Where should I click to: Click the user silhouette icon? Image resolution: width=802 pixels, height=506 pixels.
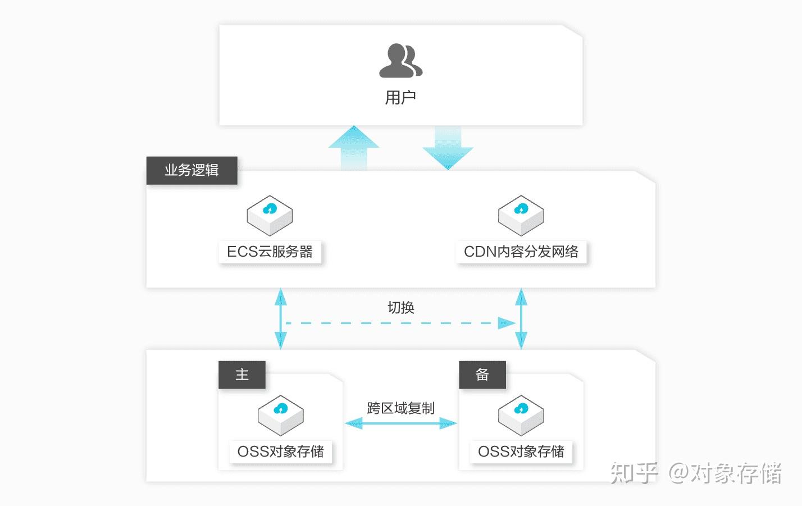pyautogui.click(x=400, y=61)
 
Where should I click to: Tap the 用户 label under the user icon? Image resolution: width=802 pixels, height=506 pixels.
pyautogui.click(x=400, y=97)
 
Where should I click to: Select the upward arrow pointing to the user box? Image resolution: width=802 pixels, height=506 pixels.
pyautogui.click(x=354, y=148)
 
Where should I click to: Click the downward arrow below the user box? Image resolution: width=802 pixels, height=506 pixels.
pyautogui.click(x=448, y=148)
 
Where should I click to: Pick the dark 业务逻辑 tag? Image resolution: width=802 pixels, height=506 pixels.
pyautogui.click(x=192, y=170)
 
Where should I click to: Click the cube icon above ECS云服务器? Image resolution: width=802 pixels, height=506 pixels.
pyautogui.click(x=270, y=215)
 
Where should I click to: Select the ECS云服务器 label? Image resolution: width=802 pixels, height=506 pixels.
pyautogui.click(x=270, y=252)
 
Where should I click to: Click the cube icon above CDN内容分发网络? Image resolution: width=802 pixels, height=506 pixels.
pyautogui.click(x=521, y=215)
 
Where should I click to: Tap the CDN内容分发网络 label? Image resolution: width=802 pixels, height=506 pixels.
pyautogui.click(x=521, y=252)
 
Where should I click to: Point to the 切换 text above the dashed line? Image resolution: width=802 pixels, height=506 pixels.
pyautogui.click(x=400, y=307)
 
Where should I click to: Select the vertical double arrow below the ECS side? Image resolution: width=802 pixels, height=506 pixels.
pyautogui.click(x=280, y=318)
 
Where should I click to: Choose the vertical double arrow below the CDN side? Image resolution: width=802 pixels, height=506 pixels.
pyautogui.click(x=521, y=318)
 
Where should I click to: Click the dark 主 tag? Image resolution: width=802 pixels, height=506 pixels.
pyautogui.click(x=242, y=375)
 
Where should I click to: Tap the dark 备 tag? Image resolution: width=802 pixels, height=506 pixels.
pyautogui.click(x=482, y=375)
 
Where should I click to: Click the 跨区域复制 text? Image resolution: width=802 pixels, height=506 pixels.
pyautogui.click(x=400, y=408)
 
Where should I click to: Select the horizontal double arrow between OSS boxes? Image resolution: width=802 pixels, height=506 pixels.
pyautogui.click(x=400, y=423)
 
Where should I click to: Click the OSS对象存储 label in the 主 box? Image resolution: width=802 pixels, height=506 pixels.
pyautogui.click(x=281, y=452)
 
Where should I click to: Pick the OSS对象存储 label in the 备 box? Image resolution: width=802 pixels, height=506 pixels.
pyautogui.click(x=521, y=452)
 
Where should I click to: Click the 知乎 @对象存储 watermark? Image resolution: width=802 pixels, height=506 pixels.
pyautogui.click(x=696, y=473)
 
